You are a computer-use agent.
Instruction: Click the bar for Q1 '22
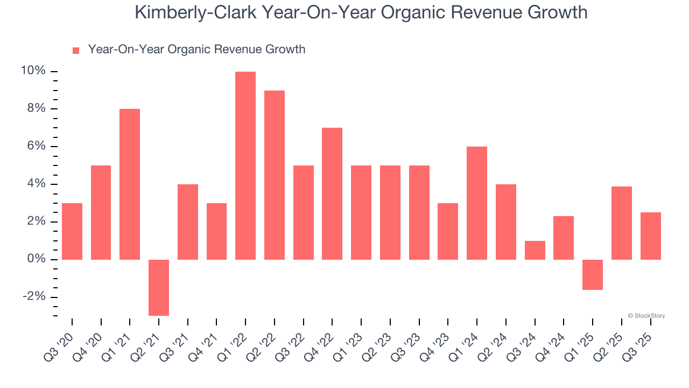[245, 165]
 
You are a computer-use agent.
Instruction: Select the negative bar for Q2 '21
[159, 287]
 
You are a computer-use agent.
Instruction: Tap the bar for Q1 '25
[593, 275]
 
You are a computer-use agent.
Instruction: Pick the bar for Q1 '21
[130, 184]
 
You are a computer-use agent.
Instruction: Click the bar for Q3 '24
[535, 250]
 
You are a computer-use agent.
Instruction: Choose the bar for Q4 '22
[332, 193]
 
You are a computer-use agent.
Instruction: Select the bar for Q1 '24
[477, 203]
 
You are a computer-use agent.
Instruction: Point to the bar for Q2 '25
[622, 223]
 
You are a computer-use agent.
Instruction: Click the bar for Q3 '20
[72, 231]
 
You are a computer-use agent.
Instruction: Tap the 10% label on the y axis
[33, 71]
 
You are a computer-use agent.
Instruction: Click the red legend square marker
[76, 50]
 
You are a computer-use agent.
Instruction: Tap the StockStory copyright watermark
[646, 316]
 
